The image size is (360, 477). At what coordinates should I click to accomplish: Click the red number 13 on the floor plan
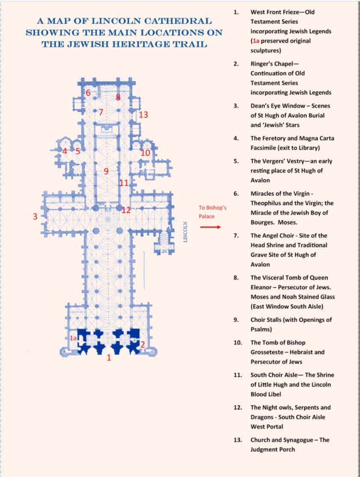143,115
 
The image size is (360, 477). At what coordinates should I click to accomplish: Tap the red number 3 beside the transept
35,216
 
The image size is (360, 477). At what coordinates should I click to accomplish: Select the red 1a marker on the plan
73,338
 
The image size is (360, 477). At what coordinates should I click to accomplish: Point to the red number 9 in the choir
106,171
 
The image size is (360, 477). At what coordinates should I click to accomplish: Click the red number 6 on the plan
88,93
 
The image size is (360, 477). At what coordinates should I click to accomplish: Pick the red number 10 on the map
146,153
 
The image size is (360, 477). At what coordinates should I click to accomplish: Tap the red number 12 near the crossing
126,210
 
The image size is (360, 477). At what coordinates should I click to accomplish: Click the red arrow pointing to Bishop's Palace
211,227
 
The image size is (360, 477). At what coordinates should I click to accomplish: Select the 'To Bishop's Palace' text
213,212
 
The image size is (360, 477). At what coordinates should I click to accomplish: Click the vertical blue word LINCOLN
185,232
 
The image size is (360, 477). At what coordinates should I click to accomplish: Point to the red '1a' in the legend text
256,41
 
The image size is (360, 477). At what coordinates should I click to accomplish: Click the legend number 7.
236,236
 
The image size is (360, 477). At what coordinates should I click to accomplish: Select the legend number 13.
238,440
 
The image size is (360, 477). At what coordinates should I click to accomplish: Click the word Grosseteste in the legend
267,352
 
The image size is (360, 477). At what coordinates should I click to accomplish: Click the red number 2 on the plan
143,345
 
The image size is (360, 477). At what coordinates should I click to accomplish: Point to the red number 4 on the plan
65,151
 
